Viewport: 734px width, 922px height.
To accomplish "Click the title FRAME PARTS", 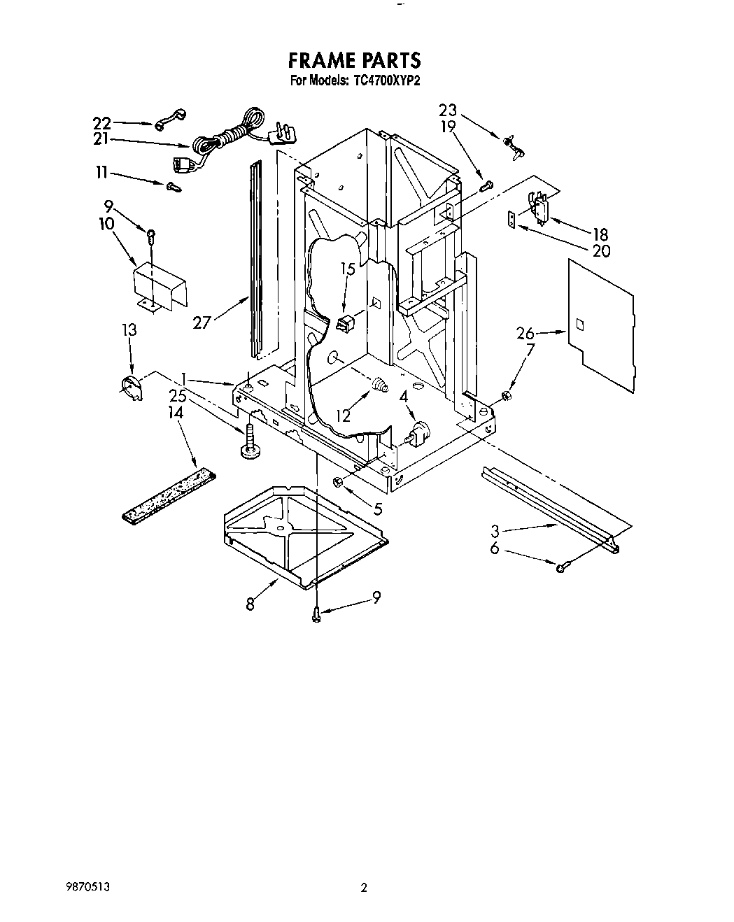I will click(x=355, y=59).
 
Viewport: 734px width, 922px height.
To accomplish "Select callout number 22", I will click(x=102, y=123).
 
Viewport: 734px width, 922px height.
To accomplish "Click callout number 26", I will click(x=525, y=333).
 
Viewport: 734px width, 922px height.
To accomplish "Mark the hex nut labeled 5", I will click(x=337, y=481).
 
